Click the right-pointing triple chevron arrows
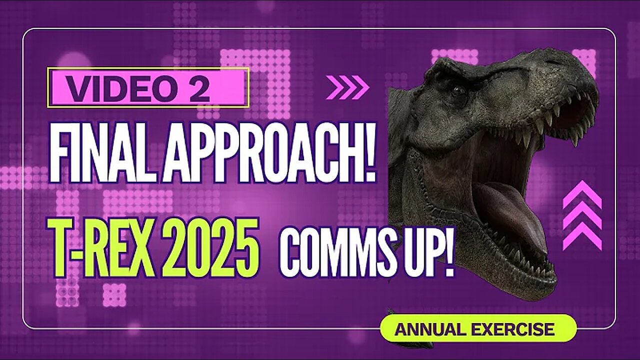pos(347,87)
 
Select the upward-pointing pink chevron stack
pos(581,215)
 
